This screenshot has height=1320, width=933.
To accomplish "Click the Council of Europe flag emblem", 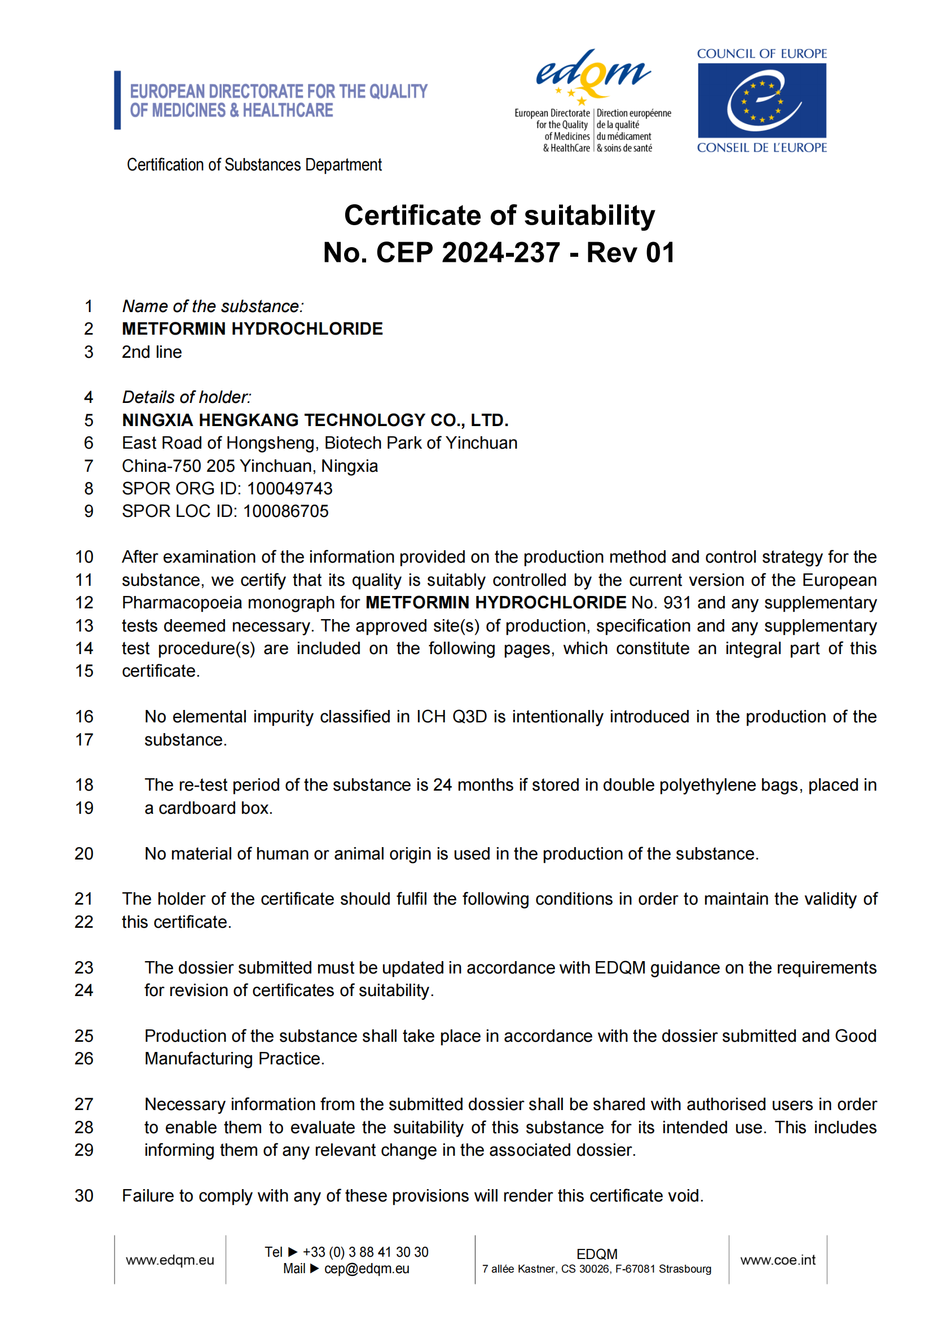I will [x=762, y=100].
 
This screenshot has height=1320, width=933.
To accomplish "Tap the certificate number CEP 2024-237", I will [x=468, y=252].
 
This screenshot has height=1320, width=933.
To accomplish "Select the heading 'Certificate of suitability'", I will [x=499, y=216].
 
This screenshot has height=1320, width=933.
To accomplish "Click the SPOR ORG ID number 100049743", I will [x=289, y=489].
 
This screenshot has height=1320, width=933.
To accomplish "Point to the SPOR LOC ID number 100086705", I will [x=285, y=511].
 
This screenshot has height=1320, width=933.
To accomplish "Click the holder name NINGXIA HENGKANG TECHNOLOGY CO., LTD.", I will [x=315, y=420].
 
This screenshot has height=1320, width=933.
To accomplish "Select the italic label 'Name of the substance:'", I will [x=213, y=306].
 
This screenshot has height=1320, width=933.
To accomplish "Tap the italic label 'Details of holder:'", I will [x=186, y=397].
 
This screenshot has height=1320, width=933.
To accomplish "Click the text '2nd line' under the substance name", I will [x=152, y=352].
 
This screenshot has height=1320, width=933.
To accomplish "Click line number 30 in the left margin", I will [x=84, y=1196].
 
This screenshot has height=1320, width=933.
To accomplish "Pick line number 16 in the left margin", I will [x=84, y=717].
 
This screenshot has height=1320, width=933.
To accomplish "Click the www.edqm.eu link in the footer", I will [x=169, y=1260].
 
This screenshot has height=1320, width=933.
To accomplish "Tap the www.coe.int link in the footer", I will [x=778, y=1260].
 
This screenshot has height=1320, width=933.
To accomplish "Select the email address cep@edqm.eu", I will [x=367, y=1269].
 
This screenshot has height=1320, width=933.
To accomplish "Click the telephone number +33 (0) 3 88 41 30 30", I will [x=366, y=1252].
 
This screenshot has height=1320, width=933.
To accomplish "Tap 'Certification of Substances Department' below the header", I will [x=254, y=165].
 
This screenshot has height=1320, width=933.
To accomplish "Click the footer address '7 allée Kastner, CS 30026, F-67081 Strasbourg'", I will [x=596, y=1269].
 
